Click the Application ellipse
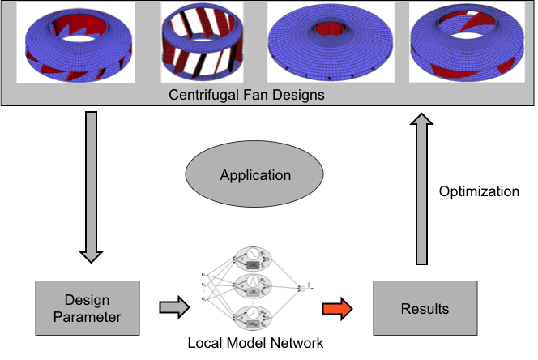pyautogui.click(x=255, y=174)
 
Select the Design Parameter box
pyautogui.click(x=88, y=308)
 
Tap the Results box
pyautogui.click(x=425, y=308)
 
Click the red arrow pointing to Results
pyautogui.click(x=336, y=308)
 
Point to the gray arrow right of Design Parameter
pyautogui.click(x=173, y=307)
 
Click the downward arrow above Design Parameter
pyautogui.click(x=91, y=186)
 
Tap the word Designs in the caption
pyautogui.click(x=301, y=95)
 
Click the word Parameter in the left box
pyautogui.click(x=87, y=316)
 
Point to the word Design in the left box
pyautogui.click(x=87, y=301)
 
